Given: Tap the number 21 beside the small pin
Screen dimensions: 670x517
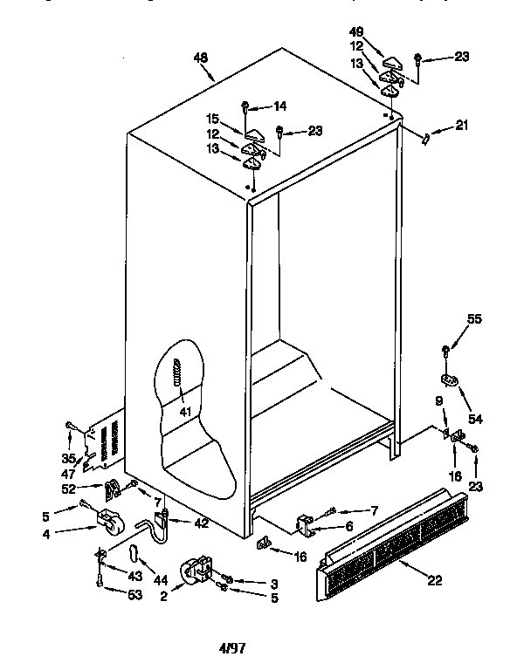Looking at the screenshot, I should pos(461,125).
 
